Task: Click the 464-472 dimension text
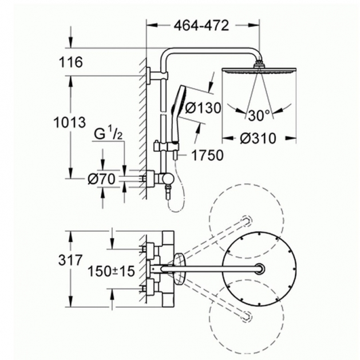coord(201,26)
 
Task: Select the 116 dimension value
coord(71,62)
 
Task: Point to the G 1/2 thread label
coord(108,134)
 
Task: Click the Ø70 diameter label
coord(101,179)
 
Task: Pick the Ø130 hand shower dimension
coord(203,108)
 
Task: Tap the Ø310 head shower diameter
coord(258,139)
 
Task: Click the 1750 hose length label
coord(207,155)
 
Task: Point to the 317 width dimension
coord(70,260)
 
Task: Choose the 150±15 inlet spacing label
coord(111,271)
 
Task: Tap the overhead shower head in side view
coord(259,68)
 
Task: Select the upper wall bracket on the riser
coord(158,75)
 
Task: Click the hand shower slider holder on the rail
coord(167,146)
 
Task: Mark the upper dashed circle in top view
coord(246,220)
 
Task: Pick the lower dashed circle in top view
coord(246,317)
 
